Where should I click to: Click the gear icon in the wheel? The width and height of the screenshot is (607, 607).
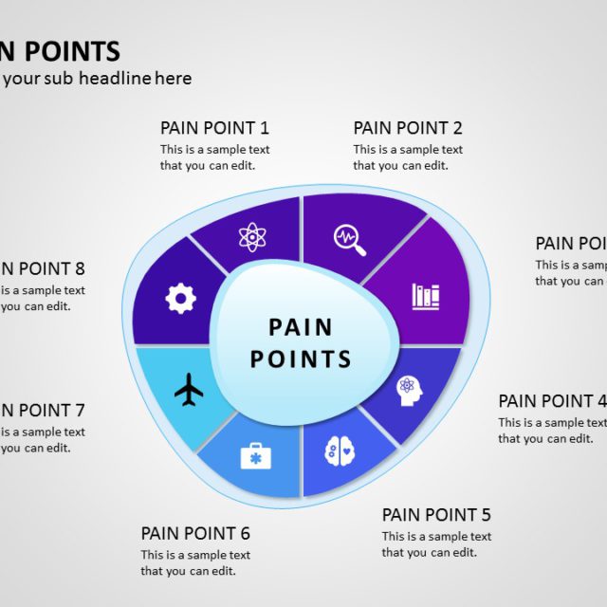pos(180,299)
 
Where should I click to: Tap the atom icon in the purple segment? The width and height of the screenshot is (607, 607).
pos(251,236)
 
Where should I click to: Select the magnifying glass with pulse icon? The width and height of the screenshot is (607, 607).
pos(350,240)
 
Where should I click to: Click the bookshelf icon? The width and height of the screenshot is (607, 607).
pos(425,296)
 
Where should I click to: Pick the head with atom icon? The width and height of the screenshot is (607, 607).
pos(409,390)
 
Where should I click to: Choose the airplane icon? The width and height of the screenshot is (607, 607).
pos(190,389)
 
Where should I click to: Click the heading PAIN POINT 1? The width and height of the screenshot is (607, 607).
pos(214,128)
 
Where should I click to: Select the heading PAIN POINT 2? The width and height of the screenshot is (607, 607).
pos(408,128)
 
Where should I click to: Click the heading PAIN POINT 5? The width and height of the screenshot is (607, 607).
pos(436,515)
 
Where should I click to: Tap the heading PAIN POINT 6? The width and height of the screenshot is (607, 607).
pos(195,533)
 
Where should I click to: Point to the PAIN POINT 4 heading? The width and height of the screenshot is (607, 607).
pos(550,401)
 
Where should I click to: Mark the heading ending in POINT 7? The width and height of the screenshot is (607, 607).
pos(43,411)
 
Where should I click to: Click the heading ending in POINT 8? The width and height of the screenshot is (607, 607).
pos(43,268)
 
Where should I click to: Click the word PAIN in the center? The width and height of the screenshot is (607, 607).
pos(301,327)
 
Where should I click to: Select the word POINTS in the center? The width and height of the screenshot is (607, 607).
pos(301,359)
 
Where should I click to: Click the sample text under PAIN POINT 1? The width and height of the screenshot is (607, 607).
pos(214,157)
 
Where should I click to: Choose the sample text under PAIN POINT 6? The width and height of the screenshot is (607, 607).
pos(195,562)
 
